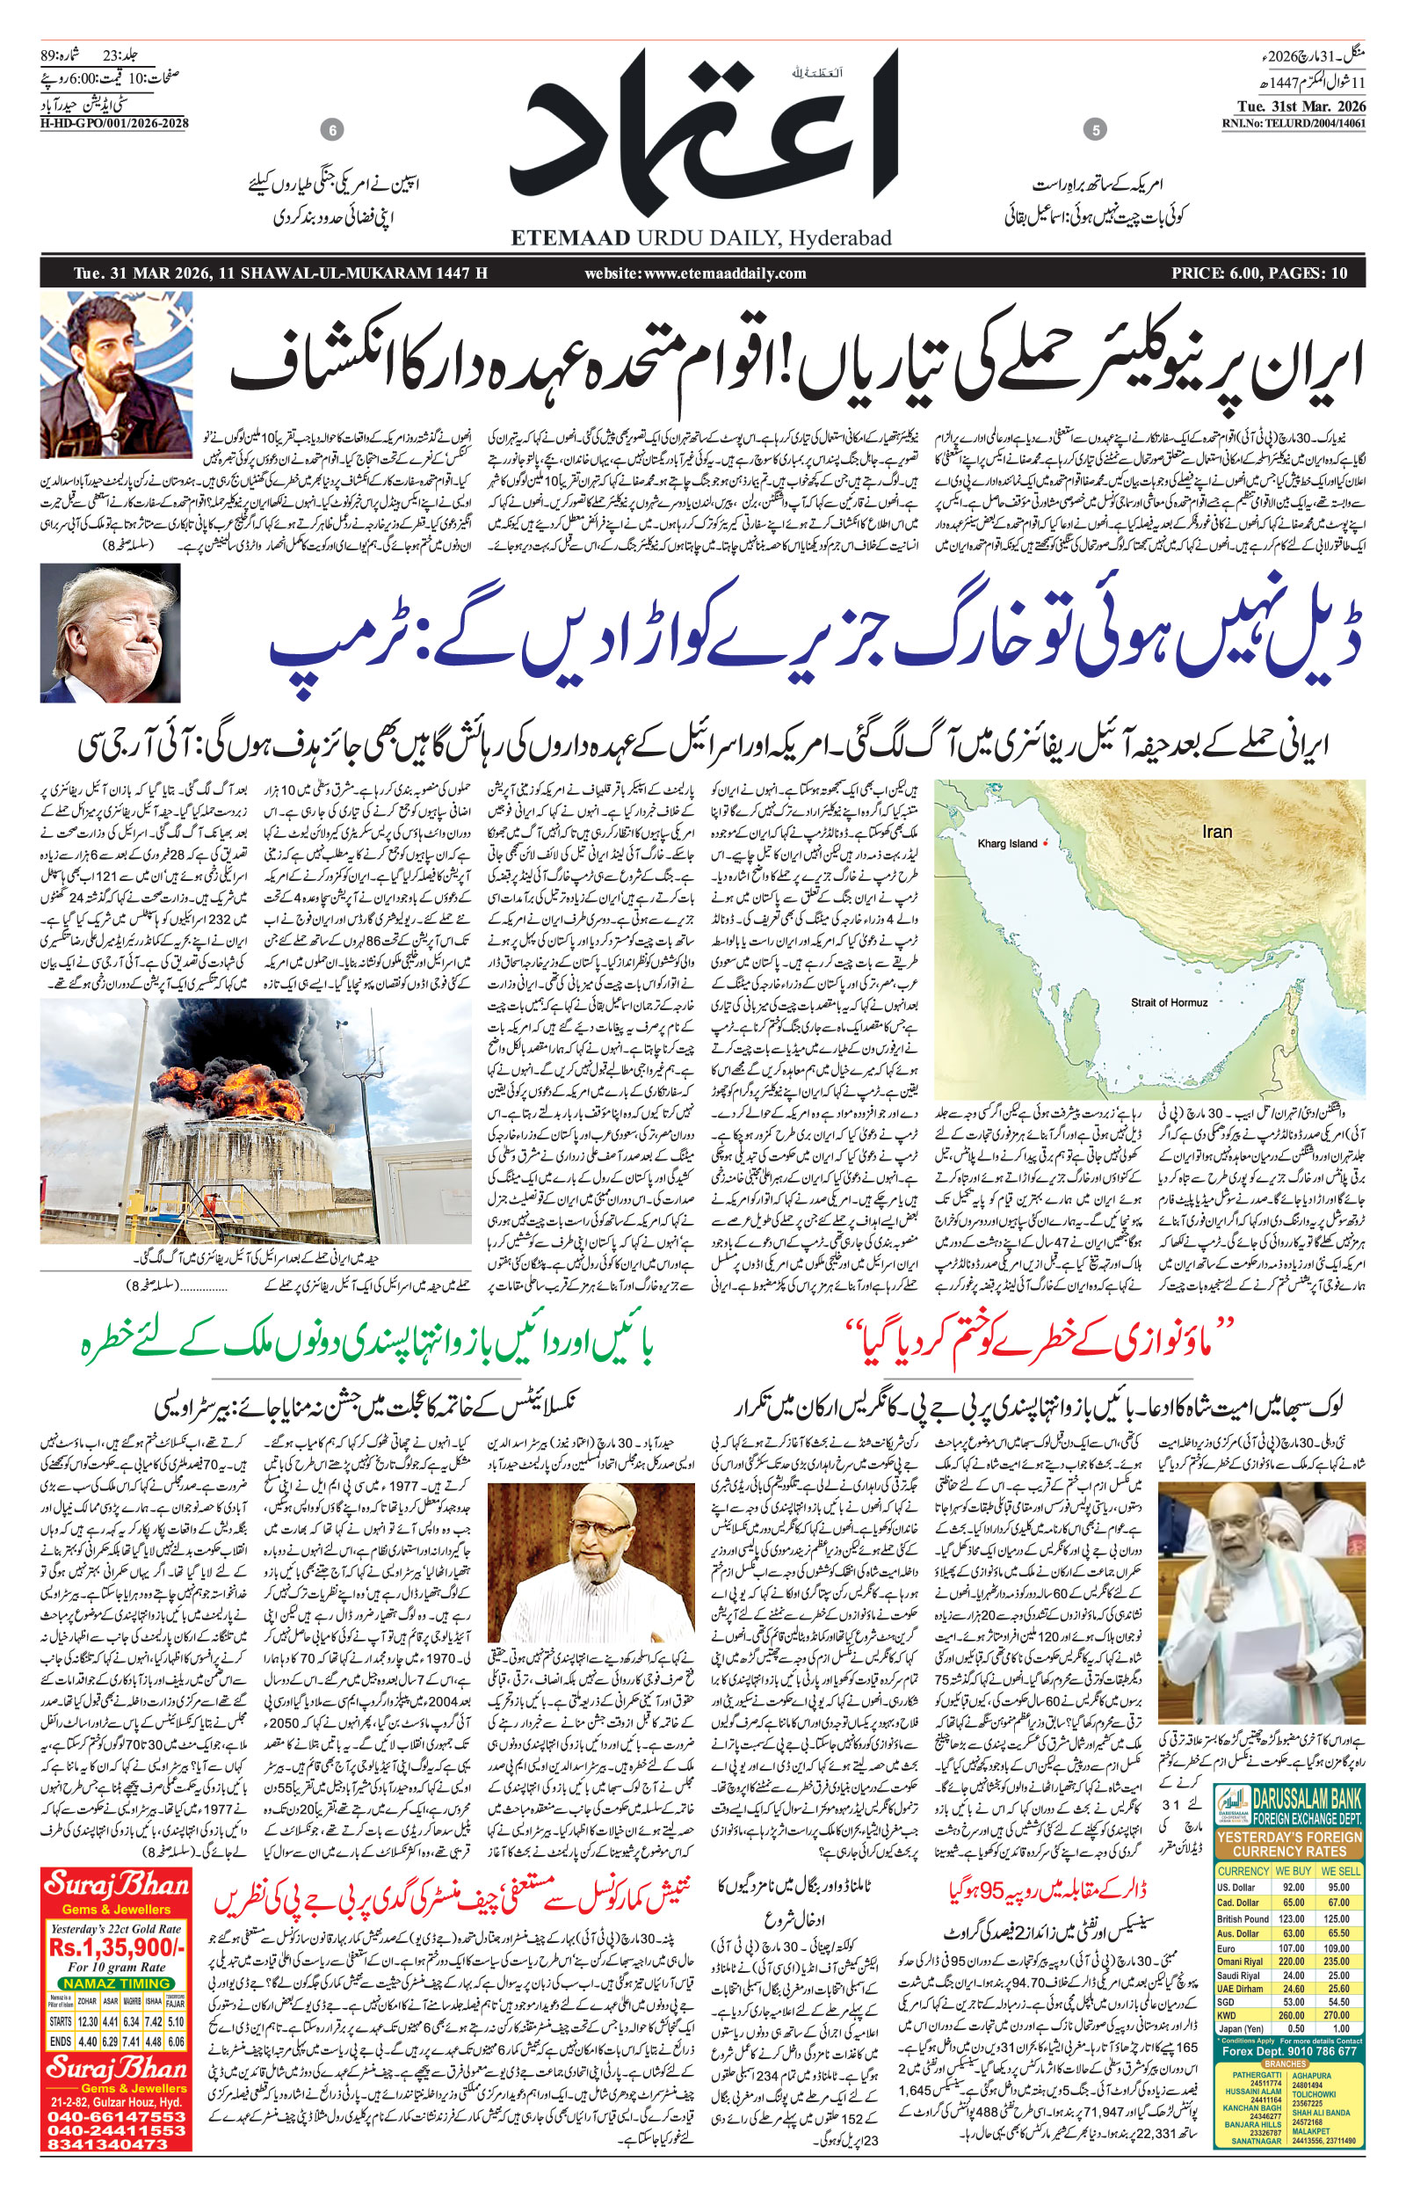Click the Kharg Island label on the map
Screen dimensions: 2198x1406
[1007, 844]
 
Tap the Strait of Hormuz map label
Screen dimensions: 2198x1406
[1169, 1002]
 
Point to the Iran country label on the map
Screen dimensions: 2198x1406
[1217, 832]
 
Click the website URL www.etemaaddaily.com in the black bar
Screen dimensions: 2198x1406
[695, 273]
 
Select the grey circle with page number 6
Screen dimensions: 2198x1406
[332, 132]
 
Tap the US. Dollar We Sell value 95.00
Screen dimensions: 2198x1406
[1339, 1888]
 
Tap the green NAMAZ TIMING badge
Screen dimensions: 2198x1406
[117, 1984]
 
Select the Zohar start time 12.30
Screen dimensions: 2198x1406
[89, 2022]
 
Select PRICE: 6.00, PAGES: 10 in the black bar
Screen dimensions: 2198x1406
[1259, 273]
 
